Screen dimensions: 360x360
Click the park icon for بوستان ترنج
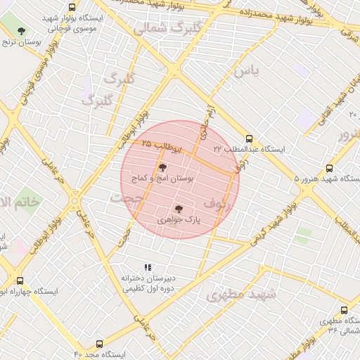(22, 31)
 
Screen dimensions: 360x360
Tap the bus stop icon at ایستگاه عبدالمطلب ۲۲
(250, 138)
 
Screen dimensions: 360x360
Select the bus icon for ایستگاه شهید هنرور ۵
(330, 168)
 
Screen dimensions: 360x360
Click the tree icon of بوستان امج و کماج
(162, 167)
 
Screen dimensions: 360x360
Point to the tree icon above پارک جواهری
(178, 208)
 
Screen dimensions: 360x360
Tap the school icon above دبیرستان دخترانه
(148, 267)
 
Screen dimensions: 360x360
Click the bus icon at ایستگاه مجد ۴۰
(99, 344)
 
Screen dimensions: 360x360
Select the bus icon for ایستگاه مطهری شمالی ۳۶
(344, 310)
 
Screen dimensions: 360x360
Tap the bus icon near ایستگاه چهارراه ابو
(19, 280)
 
